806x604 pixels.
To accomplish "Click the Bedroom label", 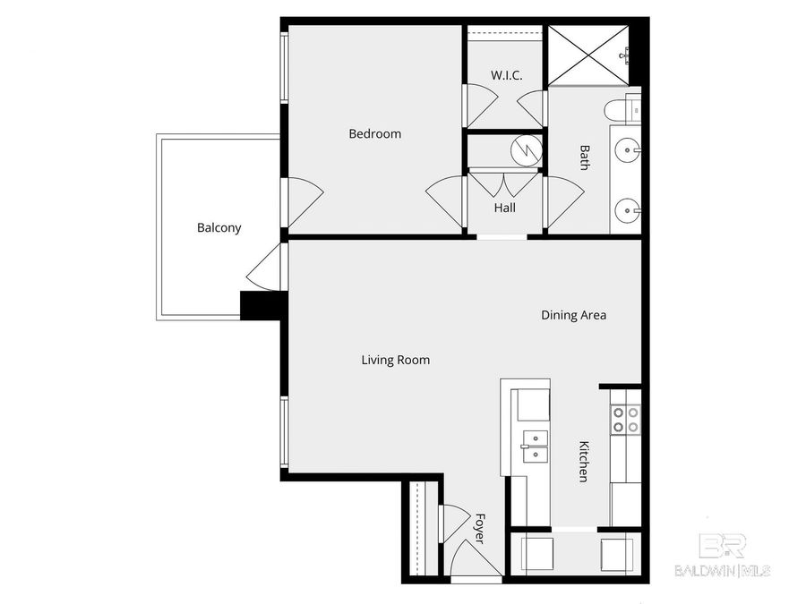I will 374,134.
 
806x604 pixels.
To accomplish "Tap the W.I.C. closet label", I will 506,75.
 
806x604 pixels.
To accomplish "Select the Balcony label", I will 219,228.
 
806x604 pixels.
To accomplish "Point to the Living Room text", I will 395,361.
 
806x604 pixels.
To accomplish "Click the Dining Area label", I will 573,315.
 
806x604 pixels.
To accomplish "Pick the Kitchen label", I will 583,462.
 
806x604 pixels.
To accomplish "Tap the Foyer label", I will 479,528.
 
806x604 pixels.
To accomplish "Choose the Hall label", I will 505,208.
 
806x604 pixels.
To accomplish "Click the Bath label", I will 585,158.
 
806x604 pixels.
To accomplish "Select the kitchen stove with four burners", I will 625,420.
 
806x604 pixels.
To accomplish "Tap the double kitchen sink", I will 536,446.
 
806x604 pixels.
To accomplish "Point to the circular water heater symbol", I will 527,149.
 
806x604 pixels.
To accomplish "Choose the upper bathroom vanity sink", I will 628,149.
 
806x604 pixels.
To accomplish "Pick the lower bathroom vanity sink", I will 628,213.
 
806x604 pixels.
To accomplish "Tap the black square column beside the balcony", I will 262,306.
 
